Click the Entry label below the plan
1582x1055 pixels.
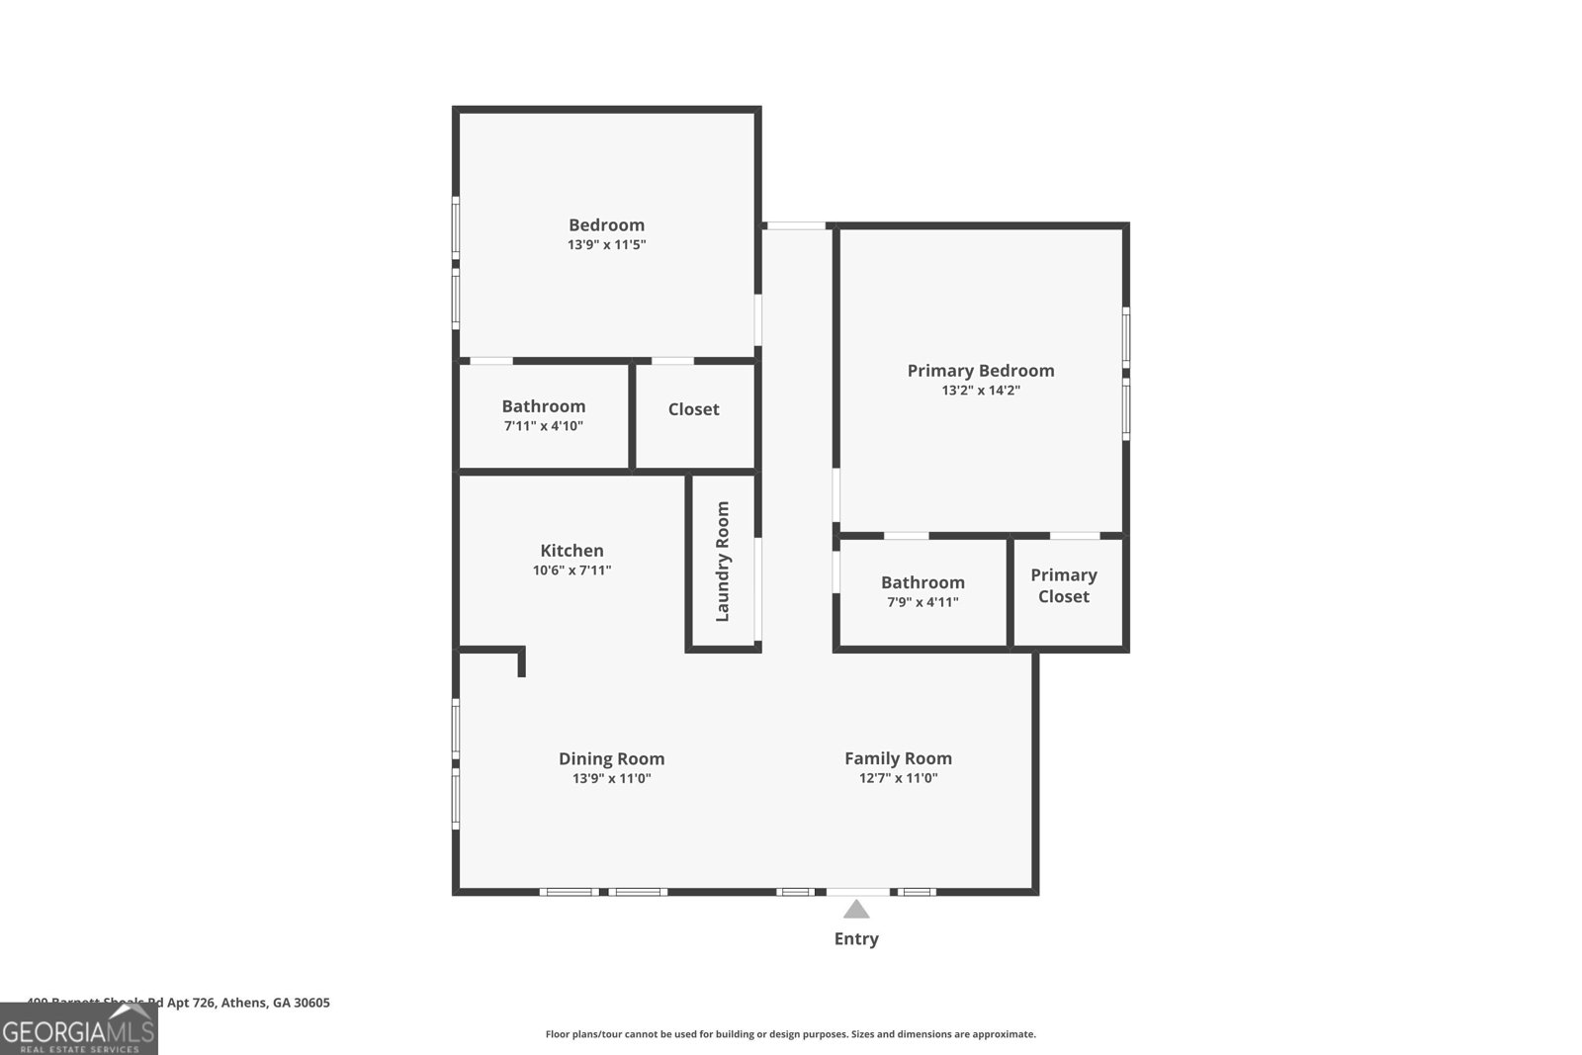pos(855,938)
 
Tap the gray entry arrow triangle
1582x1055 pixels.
pos(856,910)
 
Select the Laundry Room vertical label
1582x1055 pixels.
pos(723,561)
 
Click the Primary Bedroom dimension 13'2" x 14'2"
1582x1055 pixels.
pos(980,391)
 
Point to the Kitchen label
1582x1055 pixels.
pos(571,551)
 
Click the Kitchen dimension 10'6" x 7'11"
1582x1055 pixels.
pos(571,571)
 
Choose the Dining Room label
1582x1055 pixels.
pos(611,758)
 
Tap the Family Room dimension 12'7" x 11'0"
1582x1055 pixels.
pos(898,778)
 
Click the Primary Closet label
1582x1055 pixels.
pos(1064,585)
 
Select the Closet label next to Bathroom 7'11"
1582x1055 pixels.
pos(693,409)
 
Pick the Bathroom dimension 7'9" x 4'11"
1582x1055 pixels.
pos(923,602)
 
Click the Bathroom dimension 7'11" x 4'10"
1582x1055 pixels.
pos(543,426)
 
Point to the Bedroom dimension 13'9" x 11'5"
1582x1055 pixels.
pos(606,244)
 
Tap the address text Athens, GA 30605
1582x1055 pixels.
pos(275,1003)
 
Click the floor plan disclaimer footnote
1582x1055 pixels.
pos(790,1034)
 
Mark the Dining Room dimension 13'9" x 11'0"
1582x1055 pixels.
pos(611,778)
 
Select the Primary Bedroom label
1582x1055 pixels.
pos(980,371)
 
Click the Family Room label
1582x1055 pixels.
pos(898,758)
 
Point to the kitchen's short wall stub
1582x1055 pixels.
pos(521,660)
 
